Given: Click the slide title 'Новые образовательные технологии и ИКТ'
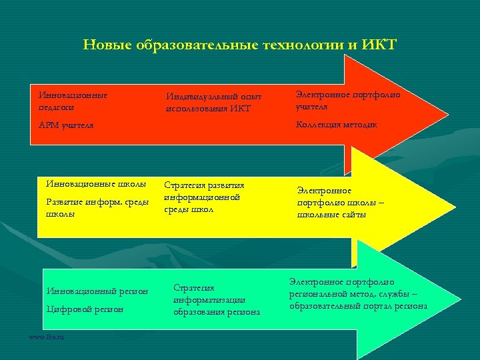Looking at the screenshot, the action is pyautogui.click(x=240, y=45).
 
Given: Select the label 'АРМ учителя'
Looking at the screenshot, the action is pyautogui.click(x=66, y=125).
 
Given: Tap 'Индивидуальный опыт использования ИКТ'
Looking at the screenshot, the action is pyautogui.click(x=213, y=103).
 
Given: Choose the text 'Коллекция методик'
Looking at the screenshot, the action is pyautogui.click(x=335, y=124).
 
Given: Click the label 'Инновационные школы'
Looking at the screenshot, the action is pyautogui.click(x=96, y=184).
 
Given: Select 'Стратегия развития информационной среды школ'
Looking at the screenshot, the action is pyautogui.click(x=204, y=197).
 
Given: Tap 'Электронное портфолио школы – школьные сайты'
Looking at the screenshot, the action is pyautogui.click(x=341, y=202).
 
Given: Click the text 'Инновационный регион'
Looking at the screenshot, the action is pyautogui.click(x=97, y=291).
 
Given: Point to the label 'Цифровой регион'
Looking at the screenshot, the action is pyautogui.click(x=84, y=309).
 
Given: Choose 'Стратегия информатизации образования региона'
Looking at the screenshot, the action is pyautogui.click(x=217, y=299).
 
